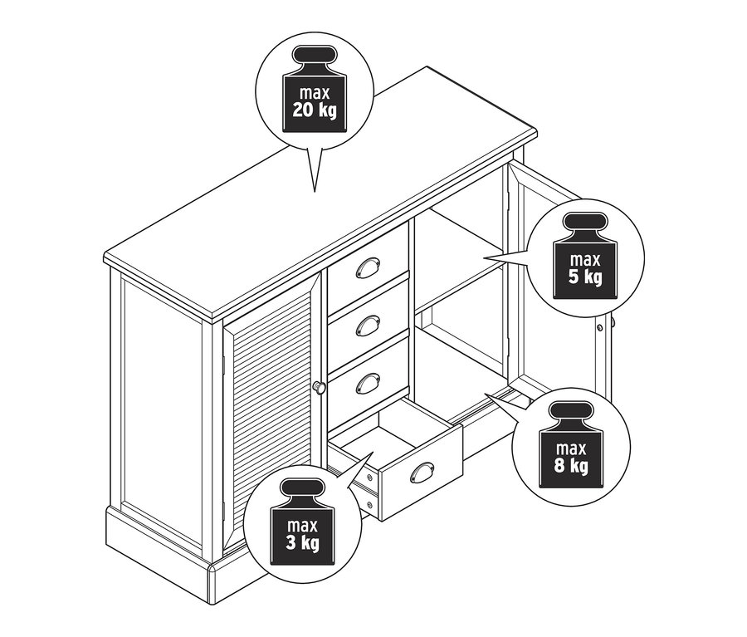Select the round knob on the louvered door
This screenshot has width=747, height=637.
click(x=318, y=386)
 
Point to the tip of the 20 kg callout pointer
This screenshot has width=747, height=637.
click(x=315, y=192)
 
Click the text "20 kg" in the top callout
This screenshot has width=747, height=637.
click(x=315, y=110)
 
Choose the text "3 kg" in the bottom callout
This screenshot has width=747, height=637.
click(x=302, y=543)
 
